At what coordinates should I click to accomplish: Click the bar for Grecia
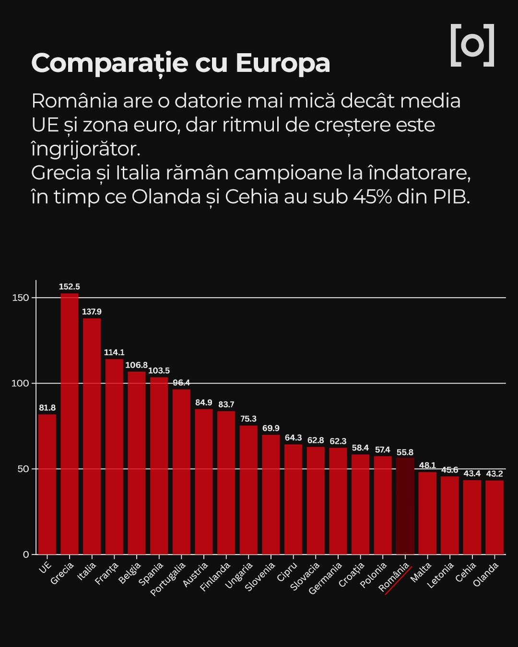[70, 424]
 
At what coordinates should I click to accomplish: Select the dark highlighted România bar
[405, 506]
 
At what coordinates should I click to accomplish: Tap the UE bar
[47, 484]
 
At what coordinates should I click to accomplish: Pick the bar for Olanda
[494, 517]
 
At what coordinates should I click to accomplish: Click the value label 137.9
[92, 312]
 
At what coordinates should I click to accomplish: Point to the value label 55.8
[405, 452]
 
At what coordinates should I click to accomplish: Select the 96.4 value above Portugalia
[181, 382]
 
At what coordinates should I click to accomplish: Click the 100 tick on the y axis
[21, 383]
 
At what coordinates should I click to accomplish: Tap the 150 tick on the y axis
[21, 298]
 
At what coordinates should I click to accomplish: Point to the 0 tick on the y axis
[26, 555]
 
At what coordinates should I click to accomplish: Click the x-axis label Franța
[106, 574]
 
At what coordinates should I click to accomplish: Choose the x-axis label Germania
[326, 578]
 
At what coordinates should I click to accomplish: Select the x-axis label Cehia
[466, 572]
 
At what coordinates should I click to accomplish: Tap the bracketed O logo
[472, 45]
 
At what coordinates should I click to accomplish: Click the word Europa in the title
[283, 63]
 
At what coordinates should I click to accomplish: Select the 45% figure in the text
[373, 197]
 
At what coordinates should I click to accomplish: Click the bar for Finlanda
[226, 483]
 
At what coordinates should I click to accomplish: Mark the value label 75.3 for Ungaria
[248, 419]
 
